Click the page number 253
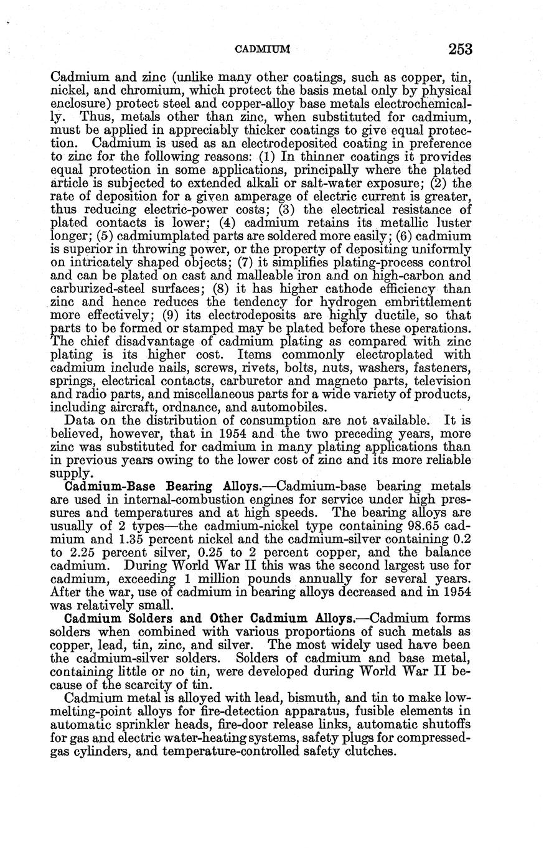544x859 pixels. point(459,49)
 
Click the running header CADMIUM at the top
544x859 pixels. point(257,49)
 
